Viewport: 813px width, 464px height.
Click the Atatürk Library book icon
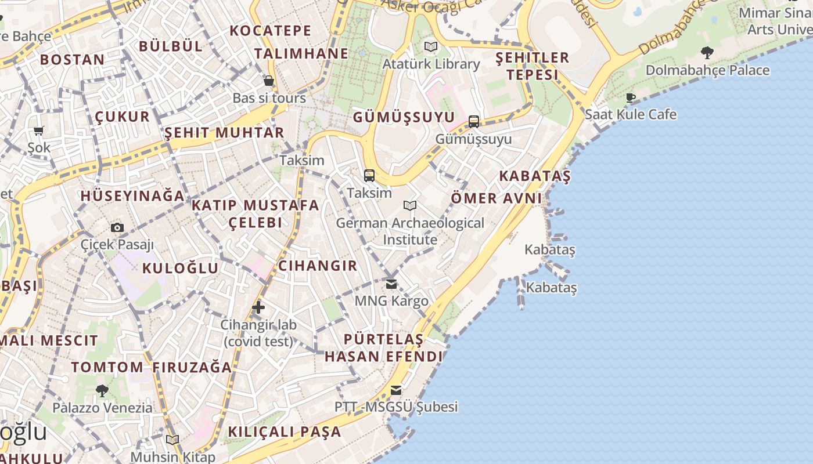[431, 46]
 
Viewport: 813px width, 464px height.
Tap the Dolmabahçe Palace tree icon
[707, 53]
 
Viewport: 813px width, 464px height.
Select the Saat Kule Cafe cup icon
[631, 97]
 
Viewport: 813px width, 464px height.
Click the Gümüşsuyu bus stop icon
[474, 121]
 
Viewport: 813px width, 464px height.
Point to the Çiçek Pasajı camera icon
[117, 227]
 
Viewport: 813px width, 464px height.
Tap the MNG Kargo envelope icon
[391, 284]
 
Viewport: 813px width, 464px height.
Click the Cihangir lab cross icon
[258, 307]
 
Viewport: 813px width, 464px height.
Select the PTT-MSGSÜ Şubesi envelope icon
[396, 390]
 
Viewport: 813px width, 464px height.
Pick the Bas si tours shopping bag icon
[269, 81]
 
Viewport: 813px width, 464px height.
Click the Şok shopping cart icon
[39, 131]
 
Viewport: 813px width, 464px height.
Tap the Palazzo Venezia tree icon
[102, 391]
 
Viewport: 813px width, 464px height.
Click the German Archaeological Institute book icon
[410, 205]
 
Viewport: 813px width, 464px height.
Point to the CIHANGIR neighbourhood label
[318, 266]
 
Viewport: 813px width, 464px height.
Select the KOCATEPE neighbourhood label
[271, 31]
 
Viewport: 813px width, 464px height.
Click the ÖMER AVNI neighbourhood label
[497, 198]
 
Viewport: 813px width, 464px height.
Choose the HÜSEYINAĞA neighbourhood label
[133, 196]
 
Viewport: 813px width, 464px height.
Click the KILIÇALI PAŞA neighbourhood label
[285, 432]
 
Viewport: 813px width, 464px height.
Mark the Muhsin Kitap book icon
[172, 440]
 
